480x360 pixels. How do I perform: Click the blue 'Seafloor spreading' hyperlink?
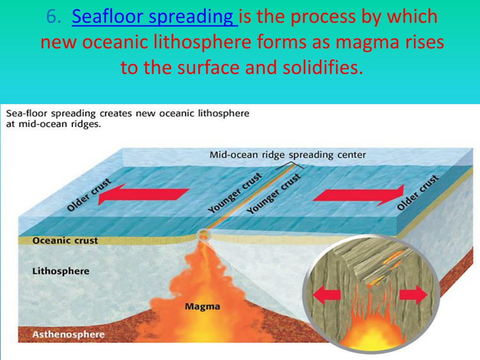(x=155, y=17)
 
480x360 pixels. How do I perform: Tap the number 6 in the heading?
(x=52, y=16)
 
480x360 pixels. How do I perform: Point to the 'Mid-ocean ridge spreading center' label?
(x=287, y=155)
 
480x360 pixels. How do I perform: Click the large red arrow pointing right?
(x=359, y=195)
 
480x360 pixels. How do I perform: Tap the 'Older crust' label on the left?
(x=89, y=195)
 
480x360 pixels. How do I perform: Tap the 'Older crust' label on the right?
(x=418, y=193)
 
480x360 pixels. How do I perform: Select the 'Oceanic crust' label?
(x=65, y=240)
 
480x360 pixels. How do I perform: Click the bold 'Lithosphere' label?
(x=61, y=271)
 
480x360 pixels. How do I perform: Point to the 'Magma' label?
(x=202, y=306)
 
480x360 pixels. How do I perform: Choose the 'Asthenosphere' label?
(x=68, y=334)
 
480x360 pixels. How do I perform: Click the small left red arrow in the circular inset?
(x=326, y=295)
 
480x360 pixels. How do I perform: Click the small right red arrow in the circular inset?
(x=413, y=295)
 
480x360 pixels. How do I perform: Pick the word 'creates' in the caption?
(x=116, y=113)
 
